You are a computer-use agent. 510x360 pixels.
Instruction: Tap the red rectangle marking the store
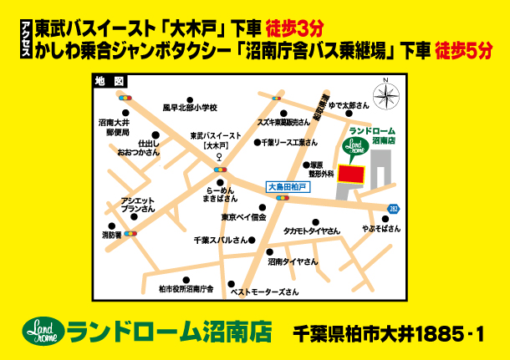point(354,174)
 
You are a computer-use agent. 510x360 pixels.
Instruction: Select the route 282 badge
point(393,208)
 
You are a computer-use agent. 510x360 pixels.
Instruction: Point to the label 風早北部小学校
point(190,108)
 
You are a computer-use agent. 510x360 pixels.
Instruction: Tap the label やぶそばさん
point(380,228)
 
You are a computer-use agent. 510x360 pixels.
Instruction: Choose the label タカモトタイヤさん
point(311,231)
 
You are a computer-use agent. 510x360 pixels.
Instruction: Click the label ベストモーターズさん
point(264,292)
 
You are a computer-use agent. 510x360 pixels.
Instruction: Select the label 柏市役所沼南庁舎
point(186,289)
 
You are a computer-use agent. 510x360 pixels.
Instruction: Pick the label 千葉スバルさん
point(221,240)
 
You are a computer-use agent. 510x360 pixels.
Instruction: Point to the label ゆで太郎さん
point(349,106)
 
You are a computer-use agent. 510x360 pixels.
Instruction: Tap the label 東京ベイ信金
point(243,217)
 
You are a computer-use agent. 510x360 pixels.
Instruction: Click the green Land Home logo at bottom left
point(42,331)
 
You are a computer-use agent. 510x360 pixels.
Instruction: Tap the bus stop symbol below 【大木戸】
point(220,156)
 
